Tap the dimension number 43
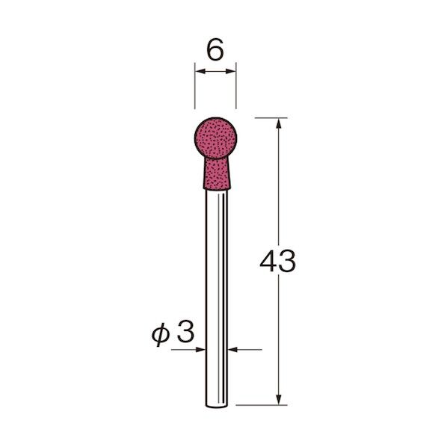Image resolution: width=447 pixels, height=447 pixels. tap(277, 261)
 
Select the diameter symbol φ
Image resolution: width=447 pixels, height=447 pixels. tap(161, 336)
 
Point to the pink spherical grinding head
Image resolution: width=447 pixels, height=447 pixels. tap(215, 138)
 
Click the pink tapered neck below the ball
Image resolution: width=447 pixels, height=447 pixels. tap(217, 174)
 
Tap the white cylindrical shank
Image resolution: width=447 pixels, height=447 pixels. tap(217, 298)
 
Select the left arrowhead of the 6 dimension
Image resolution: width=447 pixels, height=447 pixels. tap(200, 71)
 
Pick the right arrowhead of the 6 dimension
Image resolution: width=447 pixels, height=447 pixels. tap(230, 71)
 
